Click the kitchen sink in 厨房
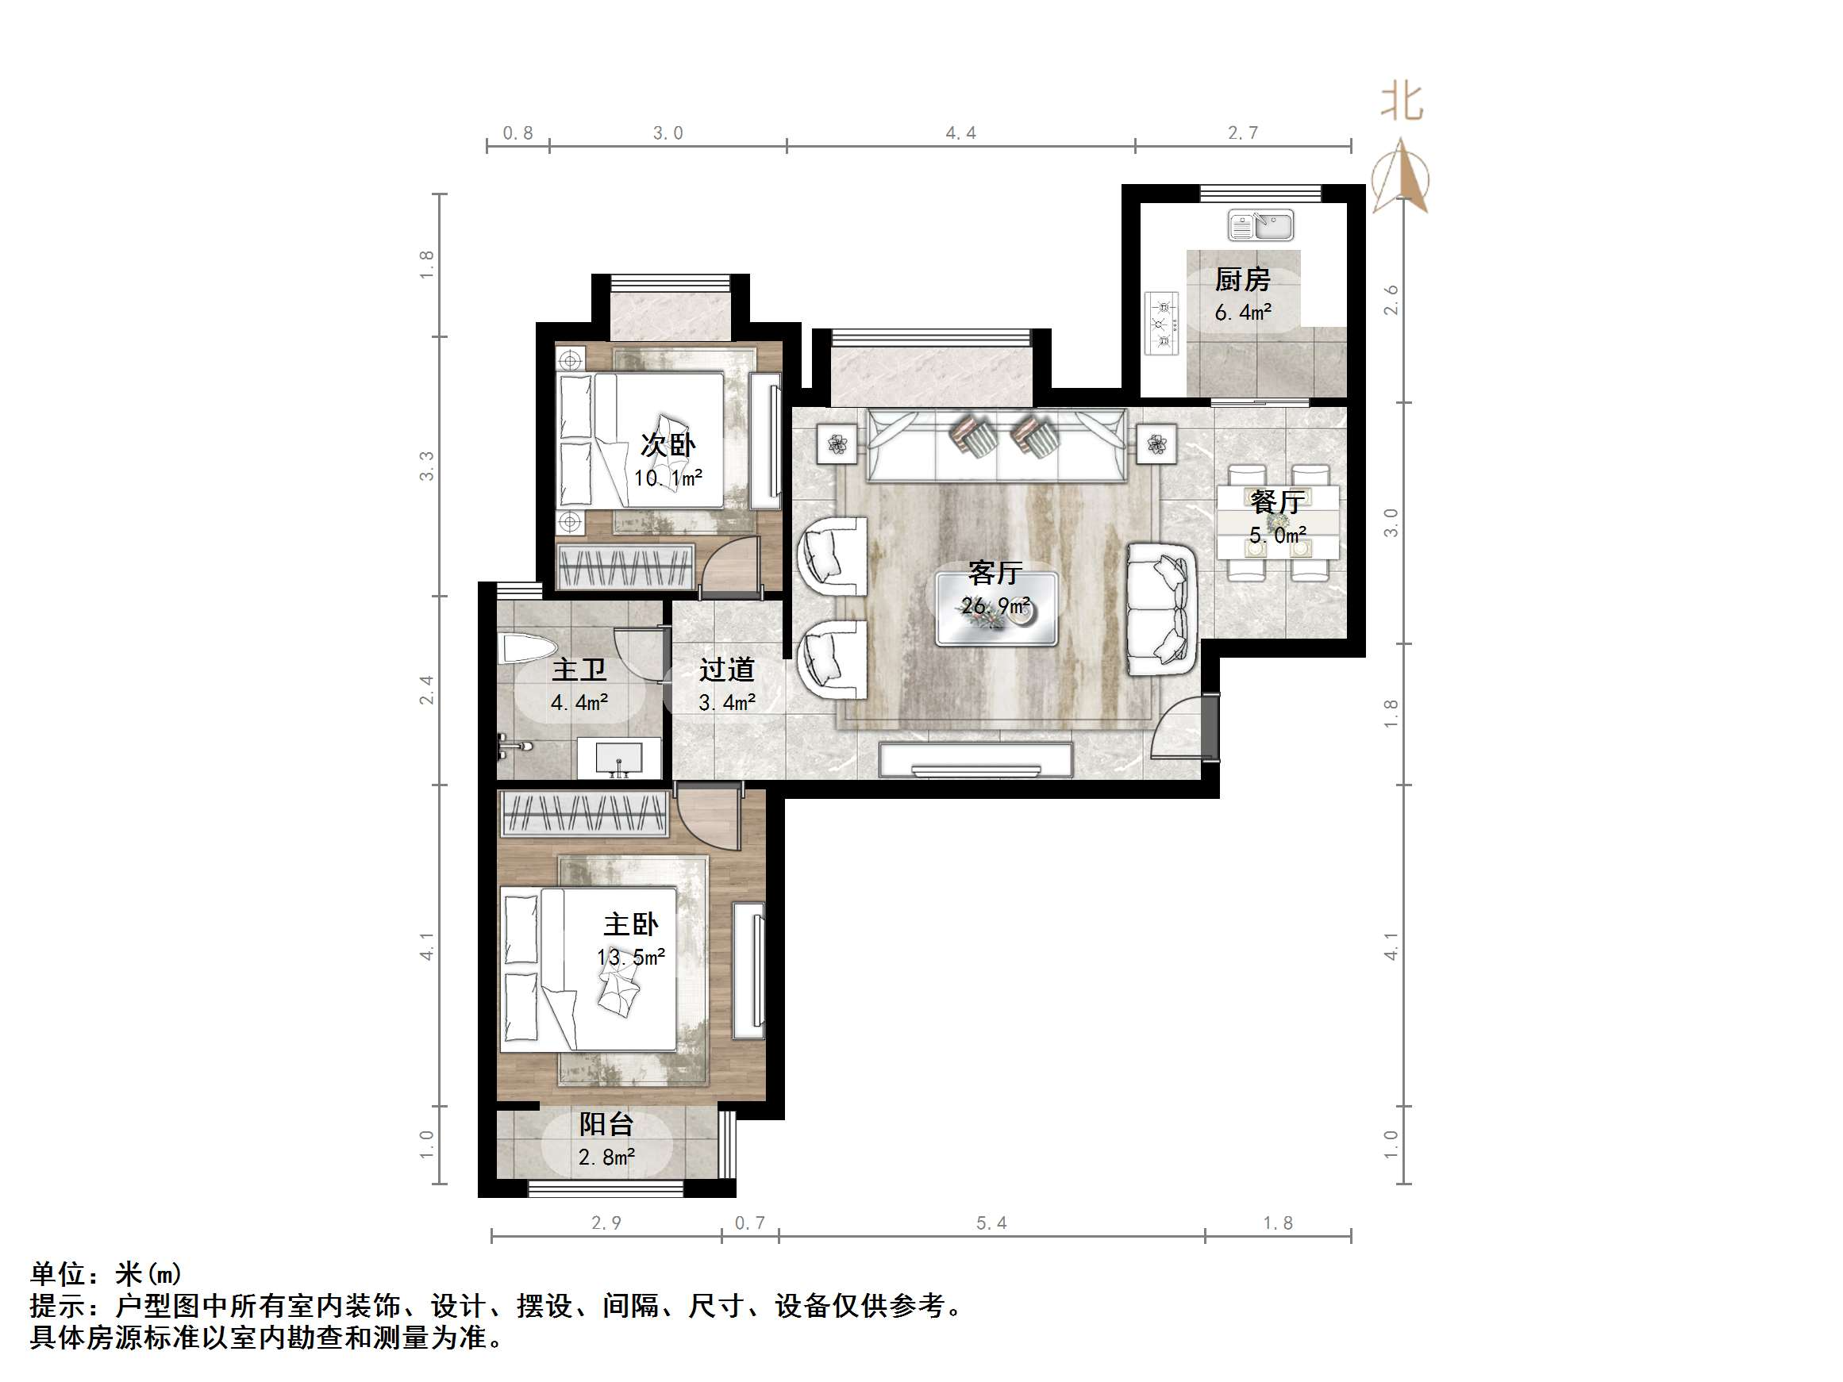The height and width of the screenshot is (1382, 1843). click(x=1260, y=225)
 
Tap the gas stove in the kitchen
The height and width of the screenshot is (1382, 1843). click(x=1162, y=323)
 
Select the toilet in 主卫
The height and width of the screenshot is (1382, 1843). click(x=525, y=649)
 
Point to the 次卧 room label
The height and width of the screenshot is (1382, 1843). click(x=668, y=445)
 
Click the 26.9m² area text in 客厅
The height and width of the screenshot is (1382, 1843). click(x=995, y=605)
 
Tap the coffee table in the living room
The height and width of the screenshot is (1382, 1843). click(x=995, y=609)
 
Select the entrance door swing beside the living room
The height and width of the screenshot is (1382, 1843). click(x=1179, y=729)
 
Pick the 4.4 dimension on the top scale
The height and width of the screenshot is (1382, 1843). click(x=960, y=133)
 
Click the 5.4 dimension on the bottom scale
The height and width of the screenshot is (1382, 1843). click(x=991, y=1223)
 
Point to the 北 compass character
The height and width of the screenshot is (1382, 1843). click(x=1402, y=102)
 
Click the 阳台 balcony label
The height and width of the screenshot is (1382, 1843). click(x=606, y=1125)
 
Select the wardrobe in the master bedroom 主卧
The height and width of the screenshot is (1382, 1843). click(x=583, y=813)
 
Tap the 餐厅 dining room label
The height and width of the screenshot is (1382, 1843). click(x=1276, y=502)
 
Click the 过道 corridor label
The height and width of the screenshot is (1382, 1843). click(x=726, y=670)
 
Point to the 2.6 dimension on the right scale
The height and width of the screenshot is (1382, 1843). click(x=1390, y=300)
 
